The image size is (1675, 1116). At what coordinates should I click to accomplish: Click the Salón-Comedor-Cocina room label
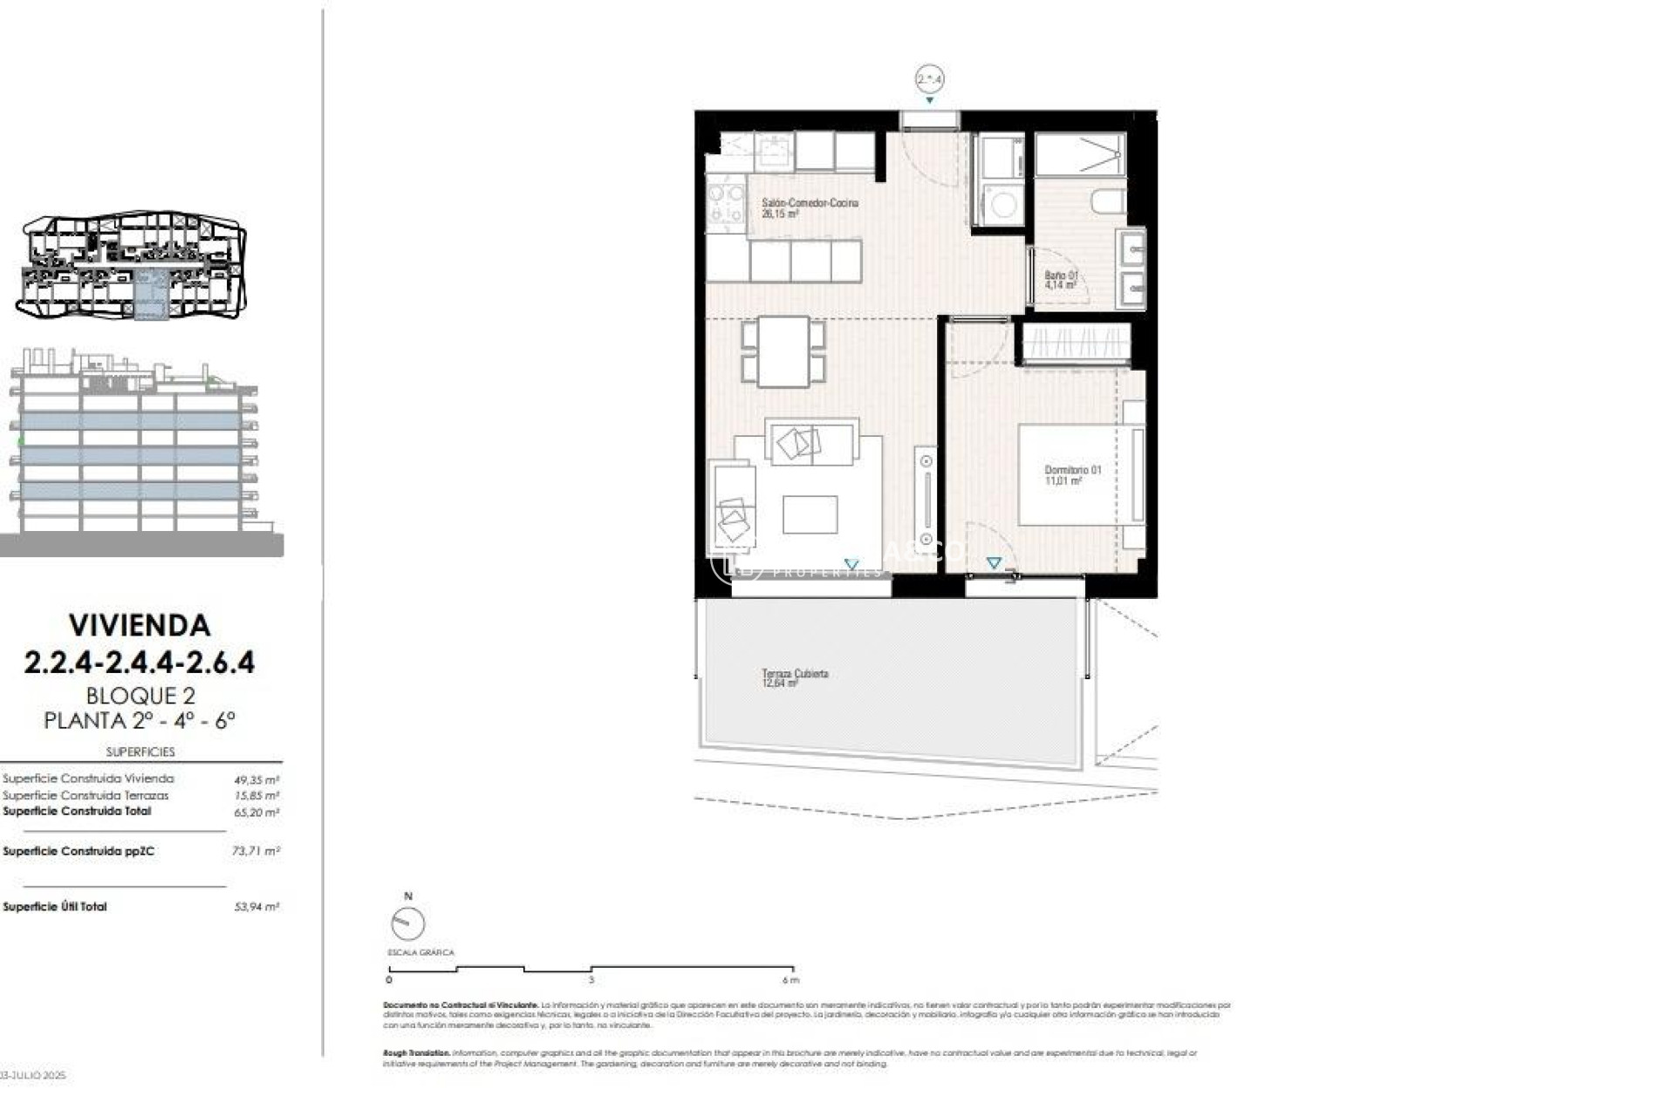pos(809,208)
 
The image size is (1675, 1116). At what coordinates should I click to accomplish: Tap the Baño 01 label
pos(1061,280)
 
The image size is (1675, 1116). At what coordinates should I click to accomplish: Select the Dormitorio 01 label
pos(1072,475)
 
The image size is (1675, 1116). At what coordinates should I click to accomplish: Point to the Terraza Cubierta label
pos(794,677)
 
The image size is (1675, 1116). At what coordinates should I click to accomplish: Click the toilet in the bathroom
pos(1107,202)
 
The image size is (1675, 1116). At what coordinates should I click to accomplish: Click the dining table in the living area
pos(783,350)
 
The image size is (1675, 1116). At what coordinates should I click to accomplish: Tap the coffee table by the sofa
pos(810,514)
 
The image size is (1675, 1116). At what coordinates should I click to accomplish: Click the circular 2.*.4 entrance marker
pos(929,79)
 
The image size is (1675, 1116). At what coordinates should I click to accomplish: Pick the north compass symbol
pos(407,922)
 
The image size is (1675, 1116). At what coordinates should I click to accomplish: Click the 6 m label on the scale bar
pos(790,980)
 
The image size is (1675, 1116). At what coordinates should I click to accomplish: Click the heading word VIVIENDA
pos(140,625)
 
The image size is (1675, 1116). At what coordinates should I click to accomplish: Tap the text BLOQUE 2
pos(140,696)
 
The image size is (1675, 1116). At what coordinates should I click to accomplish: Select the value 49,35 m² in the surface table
pos(256,780)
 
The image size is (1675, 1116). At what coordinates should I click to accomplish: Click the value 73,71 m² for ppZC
pos(256,851)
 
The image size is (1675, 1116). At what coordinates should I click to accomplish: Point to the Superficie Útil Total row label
pos(55,907)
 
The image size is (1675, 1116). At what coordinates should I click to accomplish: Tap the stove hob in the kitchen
pos(725,202)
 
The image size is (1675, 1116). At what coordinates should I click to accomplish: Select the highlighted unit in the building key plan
pos(150,295)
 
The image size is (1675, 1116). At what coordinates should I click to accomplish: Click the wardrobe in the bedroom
pos(1076,343)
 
